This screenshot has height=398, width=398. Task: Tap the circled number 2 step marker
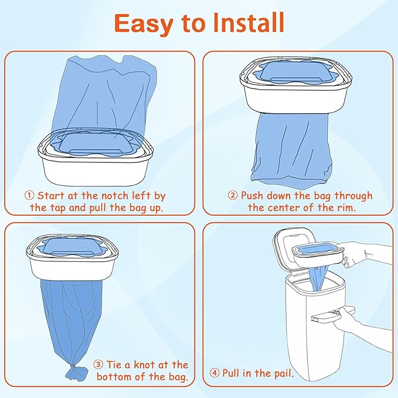pos(233,195)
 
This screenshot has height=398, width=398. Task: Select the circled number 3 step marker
pos(99,365)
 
